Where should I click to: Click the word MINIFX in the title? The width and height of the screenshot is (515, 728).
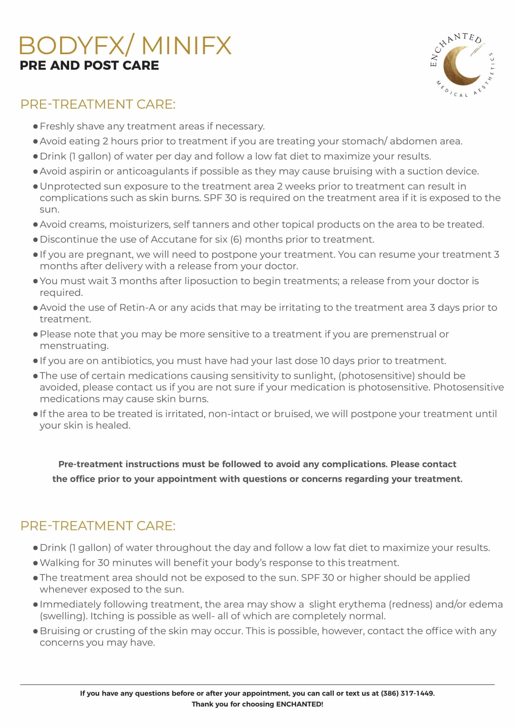pyautogui.click(x=187, y=46)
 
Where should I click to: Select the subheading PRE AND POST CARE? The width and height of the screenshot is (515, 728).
pyautogui.click(x=89, y=65)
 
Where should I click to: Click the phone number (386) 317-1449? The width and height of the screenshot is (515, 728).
pyautogui.click(x=407, y=693)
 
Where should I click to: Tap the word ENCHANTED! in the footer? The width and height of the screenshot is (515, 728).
pyautogui.click(x=299, y=704)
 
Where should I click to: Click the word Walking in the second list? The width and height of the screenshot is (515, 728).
pyautogui.click(x=59, y=563)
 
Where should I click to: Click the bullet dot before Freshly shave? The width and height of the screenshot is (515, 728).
pyautogui.click(x=35, y=127)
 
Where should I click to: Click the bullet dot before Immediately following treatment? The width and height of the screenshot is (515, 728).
pyautogui.click(x=35, y=605)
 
